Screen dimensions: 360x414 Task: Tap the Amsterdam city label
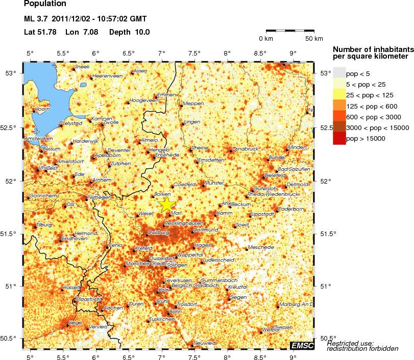[x=38, y=138]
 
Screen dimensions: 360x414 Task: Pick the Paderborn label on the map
[x=292, y=209]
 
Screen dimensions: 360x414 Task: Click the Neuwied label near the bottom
[x=204, y=343]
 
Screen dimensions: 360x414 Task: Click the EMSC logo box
[x=301, y=346]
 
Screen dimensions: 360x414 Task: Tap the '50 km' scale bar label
[x=314, y=39]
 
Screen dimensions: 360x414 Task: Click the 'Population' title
[x=45, y=4]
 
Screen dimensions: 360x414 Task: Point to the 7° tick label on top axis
[x=161, y=54]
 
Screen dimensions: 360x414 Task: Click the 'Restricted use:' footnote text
[x=350, y=343]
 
